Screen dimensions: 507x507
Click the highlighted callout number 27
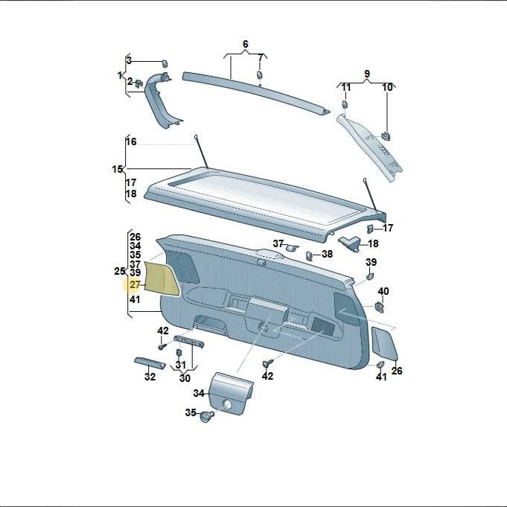[135, 285]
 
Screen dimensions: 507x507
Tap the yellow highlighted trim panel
[162, 278]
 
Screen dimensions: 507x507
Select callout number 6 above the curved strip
[246, 44]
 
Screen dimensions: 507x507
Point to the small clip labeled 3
[165, 63]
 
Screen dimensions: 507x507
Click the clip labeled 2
[139, 83]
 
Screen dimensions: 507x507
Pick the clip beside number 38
[309, 256]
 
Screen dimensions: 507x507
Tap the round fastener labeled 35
[207, 416]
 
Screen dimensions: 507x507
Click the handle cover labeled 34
[232, 392]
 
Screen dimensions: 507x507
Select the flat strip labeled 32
[150, 363]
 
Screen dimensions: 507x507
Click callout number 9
[367, 74]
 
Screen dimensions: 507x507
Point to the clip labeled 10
[386, 135]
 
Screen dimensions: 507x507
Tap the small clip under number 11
[345, 104]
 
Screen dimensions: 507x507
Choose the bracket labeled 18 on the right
[349, 243]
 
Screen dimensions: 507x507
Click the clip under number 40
[379, 307]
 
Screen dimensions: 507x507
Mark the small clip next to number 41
[380, 364]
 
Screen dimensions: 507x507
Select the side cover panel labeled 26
[384, 343]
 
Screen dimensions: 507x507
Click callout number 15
[118, 169]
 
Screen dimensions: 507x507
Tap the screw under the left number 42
[162, 346]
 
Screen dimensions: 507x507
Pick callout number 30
[185, 378]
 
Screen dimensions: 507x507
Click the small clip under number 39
[370, 276]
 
